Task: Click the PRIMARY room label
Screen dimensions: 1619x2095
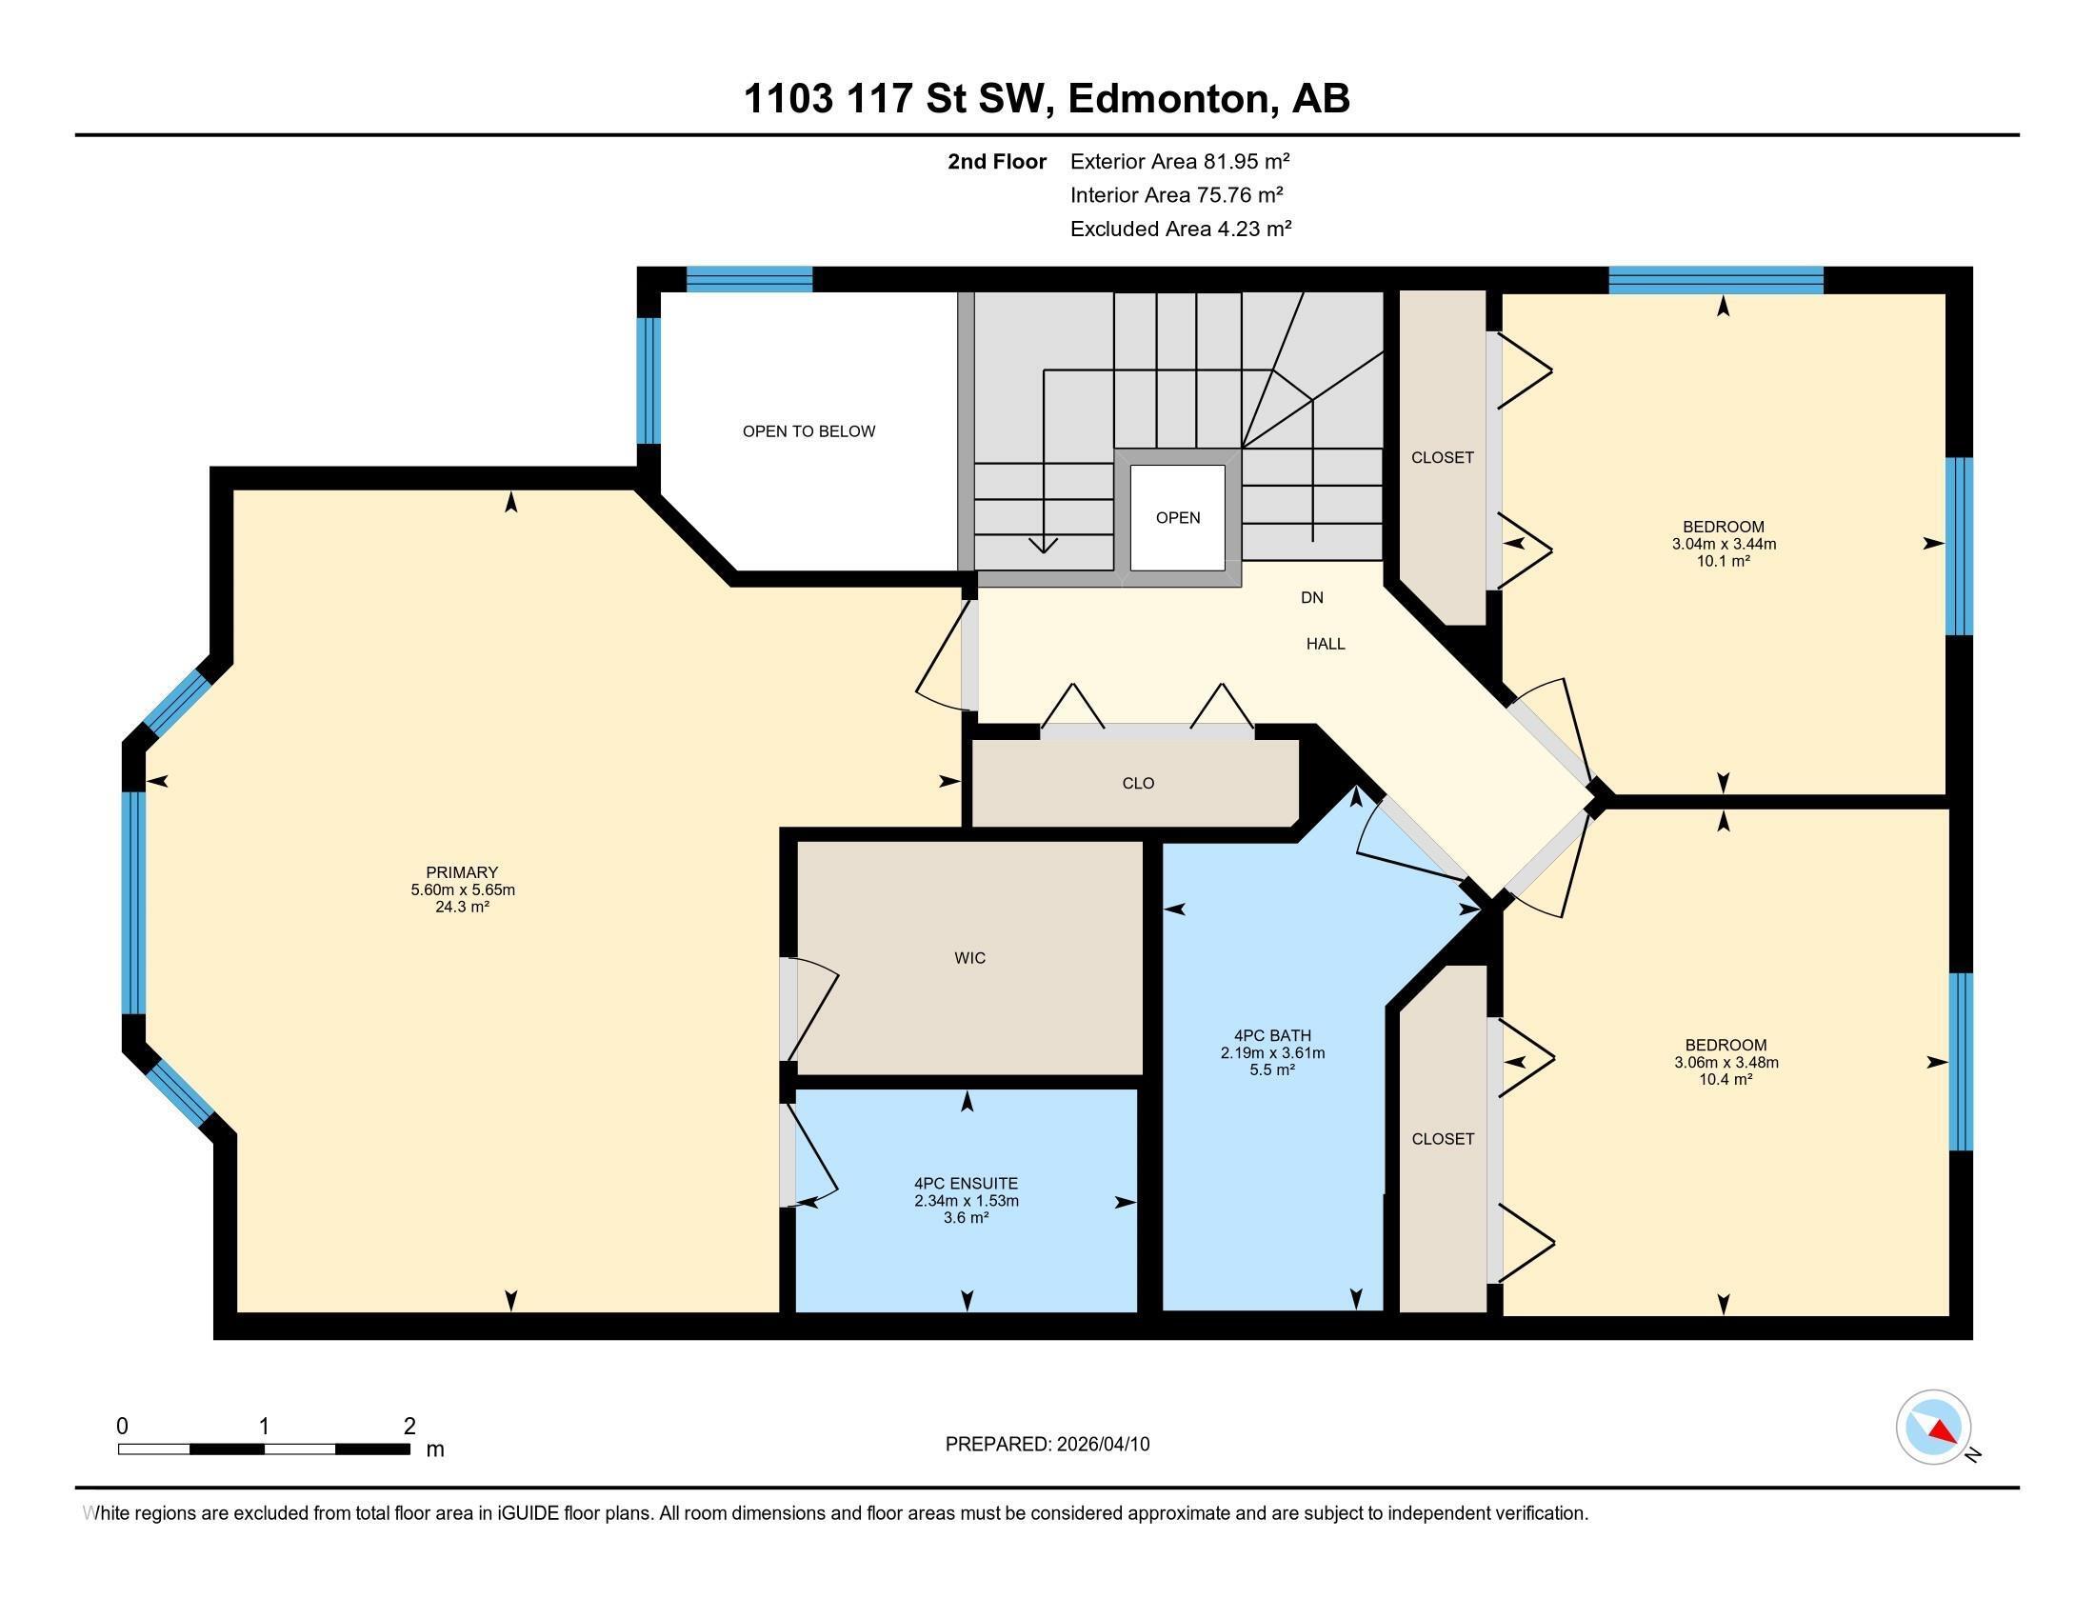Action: click(x=462, y=872)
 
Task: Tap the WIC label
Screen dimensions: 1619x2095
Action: click(x=969, y=958)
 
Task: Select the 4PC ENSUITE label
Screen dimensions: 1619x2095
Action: click(x=966, y=1184)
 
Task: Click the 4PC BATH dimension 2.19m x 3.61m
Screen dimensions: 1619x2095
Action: click(x=1272, y=1053)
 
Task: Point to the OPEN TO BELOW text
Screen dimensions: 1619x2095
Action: click(x=808, y=431)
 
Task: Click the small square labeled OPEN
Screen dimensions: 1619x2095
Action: click(x=1177, y=518)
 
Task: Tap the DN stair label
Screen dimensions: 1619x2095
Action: click(x=1311, y=597)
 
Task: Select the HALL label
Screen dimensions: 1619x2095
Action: click(x=1325, y=645)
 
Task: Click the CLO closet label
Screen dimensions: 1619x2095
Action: click(x=1138, y=784)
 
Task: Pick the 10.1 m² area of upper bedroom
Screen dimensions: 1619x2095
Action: click(x=1723, y=561)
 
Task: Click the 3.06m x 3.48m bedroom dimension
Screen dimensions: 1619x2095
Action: click(x=1726, y=1063)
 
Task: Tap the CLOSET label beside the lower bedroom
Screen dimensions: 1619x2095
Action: click(x=1443, y=1139)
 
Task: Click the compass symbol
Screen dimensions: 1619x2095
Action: click(x=1933, y=1428)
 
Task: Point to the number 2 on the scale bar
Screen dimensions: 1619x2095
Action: click(x=409, y=1427)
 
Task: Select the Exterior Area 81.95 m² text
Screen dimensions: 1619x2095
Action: click(x=1179, y=161)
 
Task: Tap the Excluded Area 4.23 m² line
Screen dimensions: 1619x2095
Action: click(x=1180, y=230)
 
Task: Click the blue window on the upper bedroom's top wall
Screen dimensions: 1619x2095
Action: click(x=1715, y=279)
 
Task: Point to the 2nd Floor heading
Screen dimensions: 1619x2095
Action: click(x=996, y=161)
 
